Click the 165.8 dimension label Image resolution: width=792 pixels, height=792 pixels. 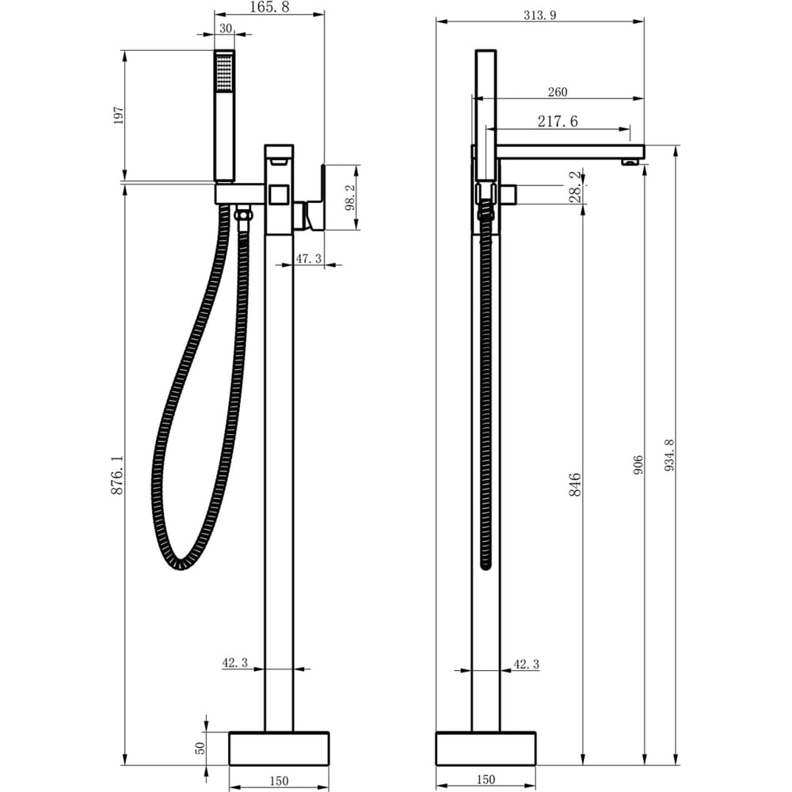coord(269,7)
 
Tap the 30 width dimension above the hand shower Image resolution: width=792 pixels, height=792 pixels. coord(225,29)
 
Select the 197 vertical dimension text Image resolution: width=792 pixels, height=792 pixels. coord(118,115)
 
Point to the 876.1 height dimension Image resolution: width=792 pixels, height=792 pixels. coord(117,474)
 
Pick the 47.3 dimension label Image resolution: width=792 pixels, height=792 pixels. coord(308,259)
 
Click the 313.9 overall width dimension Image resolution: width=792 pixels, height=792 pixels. coord(539,15)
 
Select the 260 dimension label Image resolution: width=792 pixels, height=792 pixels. coord(557,92)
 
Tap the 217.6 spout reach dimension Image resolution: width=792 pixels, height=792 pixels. coord(557,121)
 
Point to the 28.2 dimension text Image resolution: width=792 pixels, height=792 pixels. coord(576,187)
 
